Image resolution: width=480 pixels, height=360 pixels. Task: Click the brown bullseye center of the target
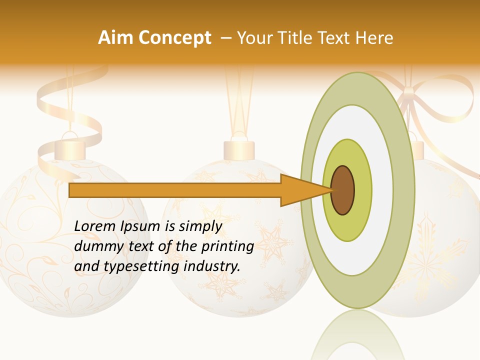tap(343, 190)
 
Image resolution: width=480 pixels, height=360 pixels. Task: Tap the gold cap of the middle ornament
tap(239, 149)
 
